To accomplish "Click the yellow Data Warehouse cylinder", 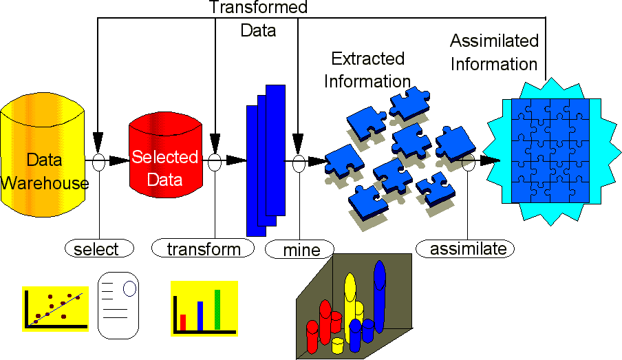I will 44,159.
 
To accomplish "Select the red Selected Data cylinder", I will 165,159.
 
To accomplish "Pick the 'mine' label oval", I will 300,248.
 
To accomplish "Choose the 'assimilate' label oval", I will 467,248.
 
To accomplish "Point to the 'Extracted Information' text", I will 367,70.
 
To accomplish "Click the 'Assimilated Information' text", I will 493,52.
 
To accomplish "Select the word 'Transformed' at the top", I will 258,8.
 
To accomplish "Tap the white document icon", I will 118,305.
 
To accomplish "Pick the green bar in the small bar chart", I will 217,310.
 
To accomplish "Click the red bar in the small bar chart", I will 183,322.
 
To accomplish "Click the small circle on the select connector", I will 99,163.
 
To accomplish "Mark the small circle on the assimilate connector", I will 468,163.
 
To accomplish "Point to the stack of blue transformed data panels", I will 265,160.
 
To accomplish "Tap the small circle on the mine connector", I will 299,163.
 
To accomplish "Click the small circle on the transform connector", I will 215,163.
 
